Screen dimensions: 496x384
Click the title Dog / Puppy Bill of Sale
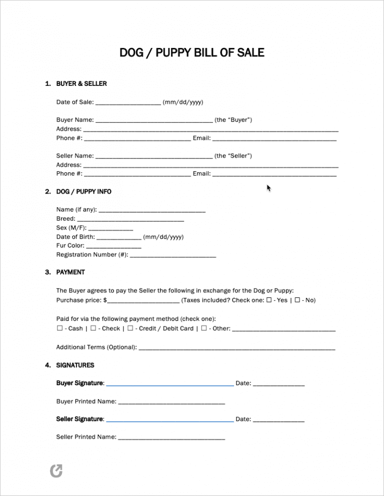(x=192, y=52)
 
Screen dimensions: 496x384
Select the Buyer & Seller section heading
(x=81, y=84)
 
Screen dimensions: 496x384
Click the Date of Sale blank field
(x=128, y=103)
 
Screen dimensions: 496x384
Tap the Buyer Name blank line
(x=153, y=121)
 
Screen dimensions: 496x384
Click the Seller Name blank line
(x=153, y=157)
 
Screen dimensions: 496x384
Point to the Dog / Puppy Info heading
(x=84, y=192)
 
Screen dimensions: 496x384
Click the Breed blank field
(x=131, y=220)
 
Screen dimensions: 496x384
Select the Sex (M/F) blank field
(x=110, y=229)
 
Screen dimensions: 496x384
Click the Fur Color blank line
(x=113, y=247)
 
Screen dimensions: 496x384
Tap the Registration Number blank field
(x=172, y=255)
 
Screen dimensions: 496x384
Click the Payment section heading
(x=70, y=272)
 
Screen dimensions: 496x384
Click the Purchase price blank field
(x=143, y=301)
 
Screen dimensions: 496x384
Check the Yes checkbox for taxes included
(x=269, y=300)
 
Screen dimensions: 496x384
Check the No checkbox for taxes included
(x=297, y=300)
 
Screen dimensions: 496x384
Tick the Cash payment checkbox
(x=59, y=328)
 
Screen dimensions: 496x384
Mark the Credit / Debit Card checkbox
(x=130, y=328)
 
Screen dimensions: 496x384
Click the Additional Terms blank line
(x=236, y=348)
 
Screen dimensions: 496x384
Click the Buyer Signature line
(x=169, y=384)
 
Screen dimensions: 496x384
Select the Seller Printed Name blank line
(x=171, y=438)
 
